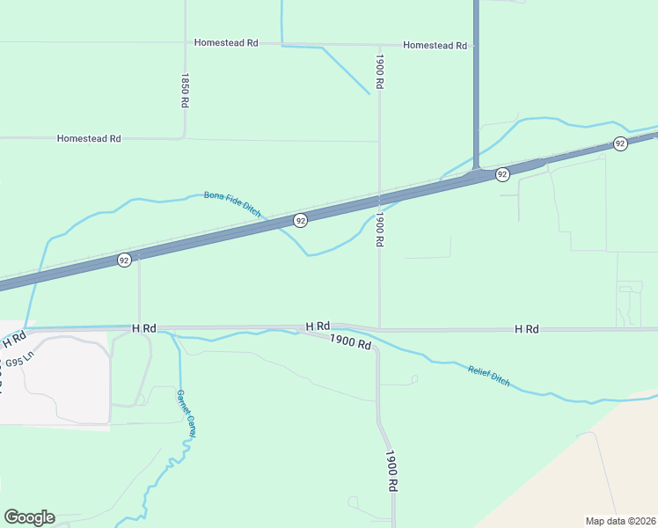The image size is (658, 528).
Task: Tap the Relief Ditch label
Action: coord(488,377)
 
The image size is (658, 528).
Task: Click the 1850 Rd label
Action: coord(185,91)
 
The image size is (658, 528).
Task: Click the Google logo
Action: coord(29,517)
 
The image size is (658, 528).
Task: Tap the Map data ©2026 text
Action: coord(620,520)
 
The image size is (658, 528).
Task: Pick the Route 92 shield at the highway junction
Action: coord(502,174)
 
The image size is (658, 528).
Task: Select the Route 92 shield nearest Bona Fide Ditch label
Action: coord(301,220)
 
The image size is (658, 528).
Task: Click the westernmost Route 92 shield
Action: coord(124,260)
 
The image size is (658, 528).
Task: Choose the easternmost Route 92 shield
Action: coord(620,143)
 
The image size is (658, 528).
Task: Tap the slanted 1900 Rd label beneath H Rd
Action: coord(351,341)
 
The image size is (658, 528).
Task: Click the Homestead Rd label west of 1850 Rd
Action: coord(88,138)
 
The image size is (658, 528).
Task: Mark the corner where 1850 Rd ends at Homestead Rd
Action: coord(184,138)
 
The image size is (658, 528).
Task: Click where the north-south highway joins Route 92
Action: coord(475,170)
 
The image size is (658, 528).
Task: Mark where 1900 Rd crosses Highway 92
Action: coord(379,196)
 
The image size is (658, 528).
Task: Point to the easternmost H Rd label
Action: coord(526,328)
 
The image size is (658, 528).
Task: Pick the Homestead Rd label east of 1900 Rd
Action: coord(435,45)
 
